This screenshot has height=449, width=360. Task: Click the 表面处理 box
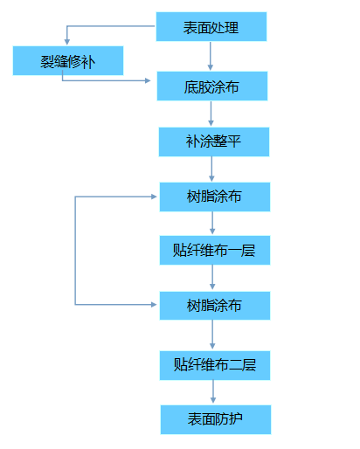tap(211, 26)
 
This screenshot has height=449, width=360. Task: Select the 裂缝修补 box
tap(68, 60)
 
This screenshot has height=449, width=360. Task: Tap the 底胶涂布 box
tap(212, 86)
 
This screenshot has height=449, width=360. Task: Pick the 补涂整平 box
tap(214, 142)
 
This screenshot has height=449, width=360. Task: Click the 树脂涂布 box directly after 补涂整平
tap(215, 197)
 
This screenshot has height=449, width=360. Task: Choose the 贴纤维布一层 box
tap(215, 250)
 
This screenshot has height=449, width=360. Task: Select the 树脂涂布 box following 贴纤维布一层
tap(215, 306)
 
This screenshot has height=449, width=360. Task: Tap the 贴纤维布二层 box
tap(215, 365)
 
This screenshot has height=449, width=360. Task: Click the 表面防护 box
tap(216, 419)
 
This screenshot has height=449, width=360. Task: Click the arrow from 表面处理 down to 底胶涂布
tap(211, 56)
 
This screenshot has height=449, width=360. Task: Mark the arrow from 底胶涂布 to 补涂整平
tap(211, 114)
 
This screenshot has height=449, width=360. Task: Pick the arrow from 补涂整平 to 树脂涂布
tap(211, 169)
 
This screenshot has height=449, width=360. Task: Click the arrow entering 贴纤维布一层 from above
tap(212, 223)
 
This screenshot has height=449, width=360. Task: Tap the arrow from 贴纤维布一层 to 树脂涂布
tap(212, 277)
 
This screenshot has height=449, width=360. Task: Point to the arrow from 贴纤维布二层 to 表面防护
tap(213, 391)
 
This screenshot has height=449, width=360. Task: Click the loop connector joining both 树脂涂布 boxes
tap(75, 251)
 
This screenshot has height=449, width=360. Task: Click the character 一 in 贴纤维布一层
tap(234, 251)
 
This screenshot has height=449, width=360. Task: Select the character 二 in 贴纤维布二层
tap(235, 365)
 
